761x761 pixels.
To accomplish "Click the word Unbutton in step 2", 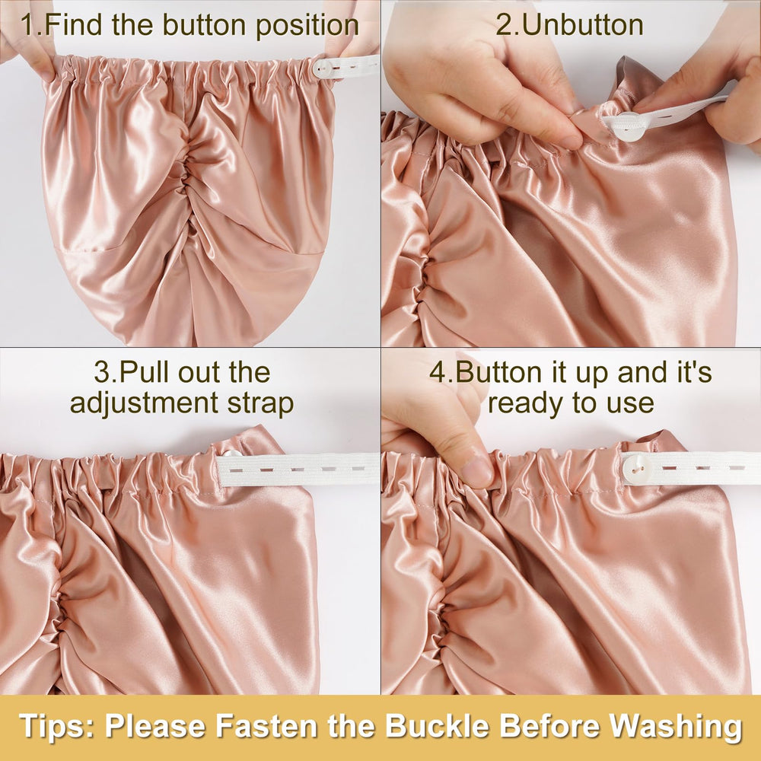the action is coord(583,25).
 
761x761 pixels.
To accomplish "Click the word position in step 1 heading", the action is coord(307,26).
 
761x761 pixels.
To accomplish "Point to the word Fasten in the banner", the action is coord(266,726).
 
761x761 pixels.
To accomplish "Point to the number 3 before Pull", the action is coord(103,372).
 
